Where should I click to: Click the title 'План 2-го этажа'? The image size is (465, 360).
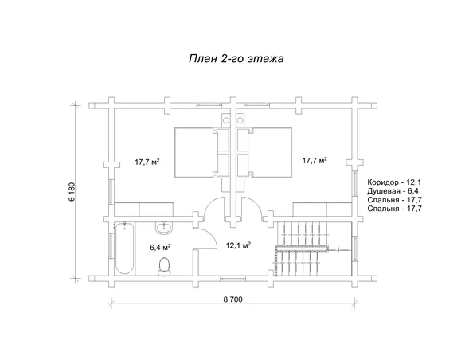[x=236, y=58]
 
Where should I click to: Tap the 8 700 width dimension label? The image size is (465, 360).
[x=232, y=299]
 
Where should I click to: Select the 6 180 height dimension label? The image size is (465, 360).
[x=72, y=192]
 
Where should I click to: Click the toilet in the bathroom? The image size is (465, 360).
[x=164, y=267]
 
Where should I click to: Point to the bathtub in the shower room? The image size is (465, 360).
[x=124, y=248]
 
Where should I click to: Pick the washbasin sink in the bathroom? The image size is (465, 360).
[x=163, y=228]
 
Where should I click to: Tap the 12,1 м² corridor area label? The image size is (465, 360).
[x=238, y=245]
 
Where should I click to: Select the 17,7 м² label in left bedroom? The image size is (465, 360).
[x=147, y=162]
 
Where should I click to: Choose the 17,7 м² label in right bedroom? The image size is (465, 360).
[x=315, y=160]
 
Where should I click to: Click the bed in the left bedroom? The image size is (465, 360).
[x=202, y=153]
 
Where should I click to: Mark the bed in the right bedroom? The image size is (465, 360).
[x=264, y=153]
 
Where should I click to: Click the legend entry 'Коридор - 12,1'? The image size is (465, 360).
[x=394, y=182]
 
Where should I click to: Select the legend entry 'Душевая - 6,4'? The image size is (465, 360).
[x=393, y=191]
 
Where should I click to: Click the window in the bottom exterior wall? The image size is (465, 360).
[x=232, y=278]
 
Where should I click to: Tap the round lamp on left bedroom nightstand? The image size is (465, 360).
[x=226, y=120]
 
